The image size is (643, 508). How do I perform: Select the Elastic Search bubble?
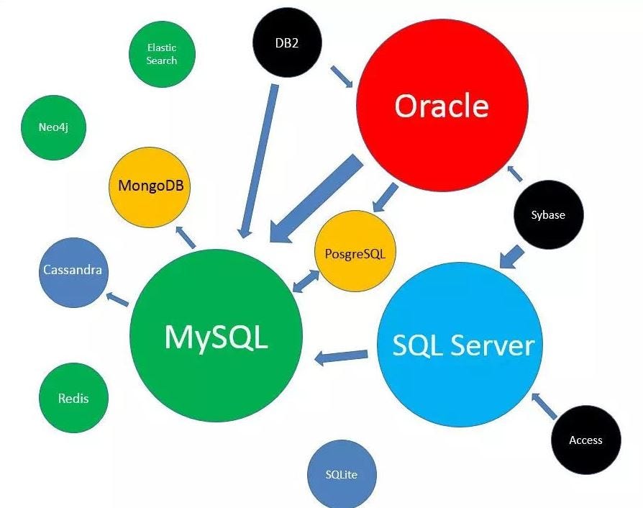point(162,54)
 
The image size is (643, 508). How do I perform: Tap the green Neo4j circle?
point(53,127)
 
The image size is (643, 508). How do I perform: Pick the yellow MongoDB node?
point(150,186)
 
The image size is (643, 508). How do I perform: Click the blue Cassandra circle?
point(72,271)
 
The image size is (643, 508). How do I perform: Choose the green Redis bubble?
point(73,398)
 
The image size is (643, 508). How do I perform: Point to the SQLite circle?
point(341,474)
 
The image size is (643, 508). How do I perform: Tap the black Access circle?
point(585,440)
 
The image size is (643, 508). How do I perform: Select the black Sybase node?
point(548,214)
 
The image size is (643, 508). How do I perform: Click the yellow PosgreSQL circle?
point(355,253)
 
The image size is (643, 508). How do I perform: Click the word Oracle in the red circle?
point(441,106)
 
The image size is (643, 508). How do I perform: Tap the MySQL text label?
point(216,336)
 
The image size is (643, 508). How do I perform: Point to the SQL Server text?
point(462,345)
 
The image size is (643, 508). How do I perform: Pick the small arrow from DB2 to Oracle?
point(342,76)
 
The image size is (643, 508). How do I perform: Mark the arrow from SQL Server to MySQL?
point(342,355)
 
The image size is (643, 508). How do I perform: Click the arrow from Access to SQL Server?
point(544,406)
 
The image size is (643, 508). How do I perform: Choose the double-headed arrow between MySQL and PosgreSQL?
point(306,281)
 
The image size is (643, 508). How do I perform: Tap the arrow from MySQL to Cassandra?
point(117,299)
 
